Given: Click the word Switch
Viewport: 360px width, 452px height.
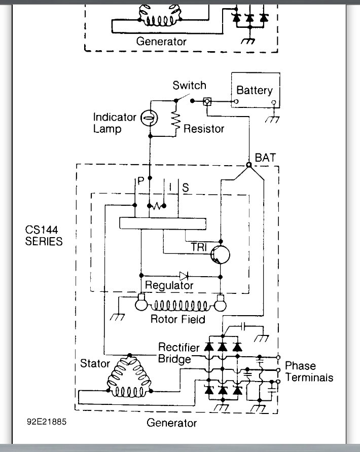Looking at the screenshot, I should click(189, 85).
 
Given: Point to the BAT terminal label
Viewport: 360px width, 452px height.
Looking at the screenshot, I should click(266, 158).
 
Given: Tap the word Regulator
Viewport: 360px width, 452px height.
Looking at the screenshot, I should click(169, 285).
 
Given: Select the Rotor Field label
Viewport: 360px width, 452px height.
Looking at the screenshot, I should click(177, 319).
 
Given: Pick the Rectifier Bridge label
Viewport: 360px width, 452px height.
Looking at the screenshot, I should click(175, 353).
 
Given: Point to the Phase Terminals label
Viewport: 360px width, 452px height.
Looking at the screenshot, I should click(309, 371).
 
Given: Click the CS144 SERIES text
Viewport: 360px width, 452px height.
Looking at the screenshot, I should click(44, 236).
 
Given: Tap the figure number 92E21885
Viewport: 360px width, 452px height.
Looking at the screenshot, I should click(46, 421).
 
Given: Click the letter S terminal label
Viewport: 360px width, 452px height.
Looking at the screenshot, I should click(186, 187).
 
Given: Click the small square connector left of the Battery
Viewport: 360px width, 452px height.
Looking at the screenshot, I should click(207, 101).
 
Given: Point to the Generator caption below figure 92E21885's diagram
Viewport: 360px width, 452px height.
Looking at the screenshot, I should click(171, 422).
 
